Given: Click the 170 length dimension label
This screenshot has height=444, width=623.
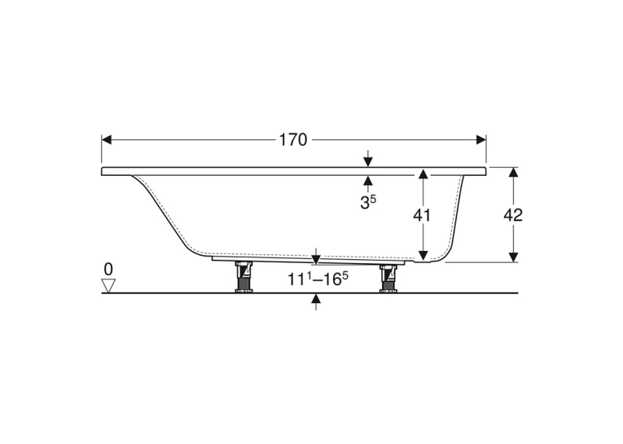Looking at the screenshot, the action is pyautogui.click(x=293, y=140).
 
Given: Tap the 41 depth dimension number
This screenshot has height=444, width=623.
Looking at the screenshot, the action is pyautogui.click(x=422, y=215).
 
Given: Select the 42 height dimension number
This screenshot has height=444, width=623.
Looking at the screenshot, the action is pyautogui.click(x=513, y=215).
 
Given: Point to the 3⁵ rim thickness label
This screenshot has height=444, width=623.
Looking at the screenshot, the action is pyautogui.click(x=368, y=201).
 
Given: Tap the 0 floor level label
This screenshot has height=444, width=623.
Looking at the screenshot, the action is pyautogui.click(x=108, y=270).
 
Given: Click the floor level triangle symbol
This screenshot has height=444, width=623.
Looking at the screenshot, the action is pyautogui.click(x=108, y=285).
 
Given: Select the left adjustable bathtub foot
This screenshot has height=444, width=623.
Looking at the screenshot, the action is pyautogui.click(x=244, y=277).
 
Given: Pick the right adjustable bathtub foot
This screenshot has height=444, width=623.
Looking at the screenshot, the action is pyautogui.click(x=389, y=279).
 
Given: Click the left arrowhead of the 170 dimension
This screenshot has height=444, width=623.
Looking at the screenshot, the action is pyautogui.click(x=107, y=140).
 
